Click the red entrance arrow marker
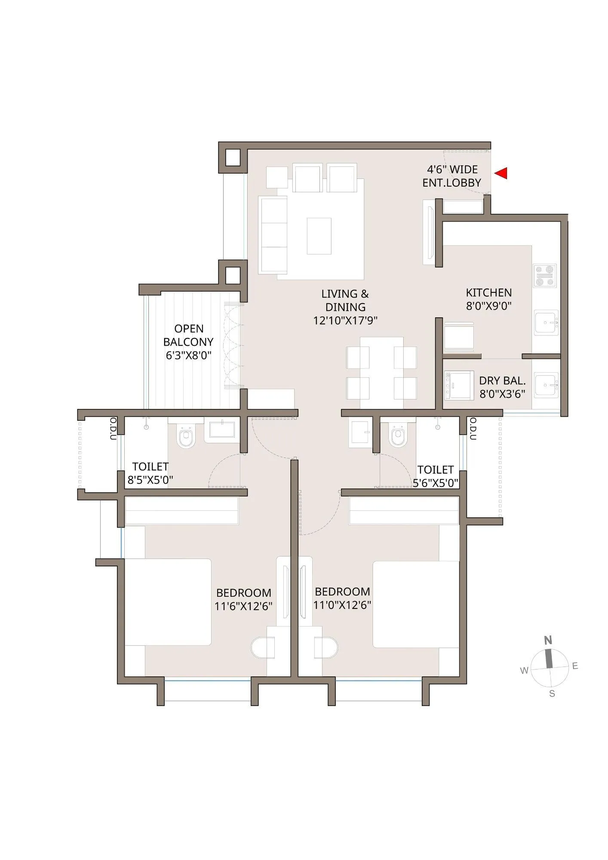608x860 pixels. point(501,173)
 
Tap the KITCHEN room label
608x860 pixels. point(489,293)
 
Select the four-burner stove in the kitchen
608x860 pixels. point(545,276)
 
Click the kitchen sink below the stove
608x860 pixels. point(546,322)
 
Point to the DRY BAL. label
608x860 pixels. point(502,381)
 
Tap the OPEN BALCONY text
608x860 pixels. point(188,335)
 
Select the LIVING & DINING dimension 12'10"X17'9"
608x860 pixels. point(345,321)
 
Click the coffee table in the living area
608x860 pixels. point(319,236)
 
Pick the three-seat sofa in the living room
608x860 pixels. point(273,235)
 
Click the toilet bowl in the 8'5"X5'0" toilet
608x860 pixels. point(186,437)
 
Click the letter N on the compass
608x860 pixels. point(548,640)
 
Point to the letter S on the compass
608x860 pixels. point(552,694)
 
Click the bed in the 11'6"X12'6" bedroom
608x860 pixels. point(168,602)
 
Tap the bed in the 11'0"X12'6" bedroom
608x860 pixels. point(415,604)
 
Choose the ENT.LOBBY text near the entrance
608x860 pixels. point(451,183)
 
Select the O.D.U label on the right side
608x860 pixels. point(473,428)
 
